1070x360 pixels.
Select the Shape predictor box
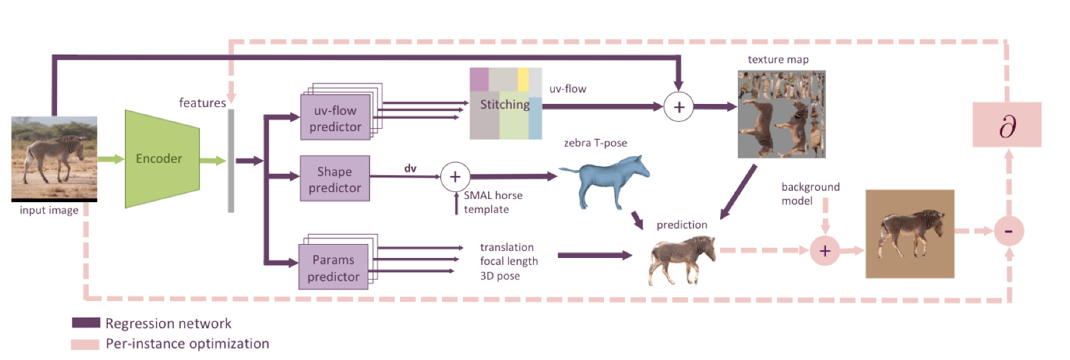coord(335,179)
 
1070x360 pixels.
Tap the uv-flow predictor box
coord(335,117)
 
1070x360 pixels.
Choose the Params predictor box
coord(333,267)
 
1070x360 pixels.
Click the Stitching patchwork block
coord(505,104)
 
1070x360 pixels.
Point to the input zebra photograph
coord(55,158)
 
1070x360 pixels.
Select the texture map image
coord(782,114)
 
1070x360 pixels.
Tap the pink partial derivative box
coord(1007,125)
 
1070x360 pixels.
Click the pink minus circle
coord(1009,231)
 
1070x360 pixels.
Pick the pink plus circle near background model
coord(825,251)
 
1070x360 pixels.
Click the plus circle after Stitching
coord(679,107)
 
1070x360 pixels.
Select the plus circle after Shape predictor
coord(455,177)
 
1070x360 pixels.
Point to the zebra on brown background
coord(910,234)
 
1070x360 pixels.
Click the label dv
coord(410,169)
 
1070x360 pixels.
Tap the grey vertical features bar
coord(231,160)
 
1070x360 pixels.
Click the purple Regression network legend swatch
coord(86,323)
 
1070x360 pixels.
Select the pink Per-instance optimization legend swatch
coord(86,344)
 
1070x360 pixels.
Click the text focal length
coord(509,261)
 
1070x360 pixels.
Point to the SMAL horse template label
coord(493,202)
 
